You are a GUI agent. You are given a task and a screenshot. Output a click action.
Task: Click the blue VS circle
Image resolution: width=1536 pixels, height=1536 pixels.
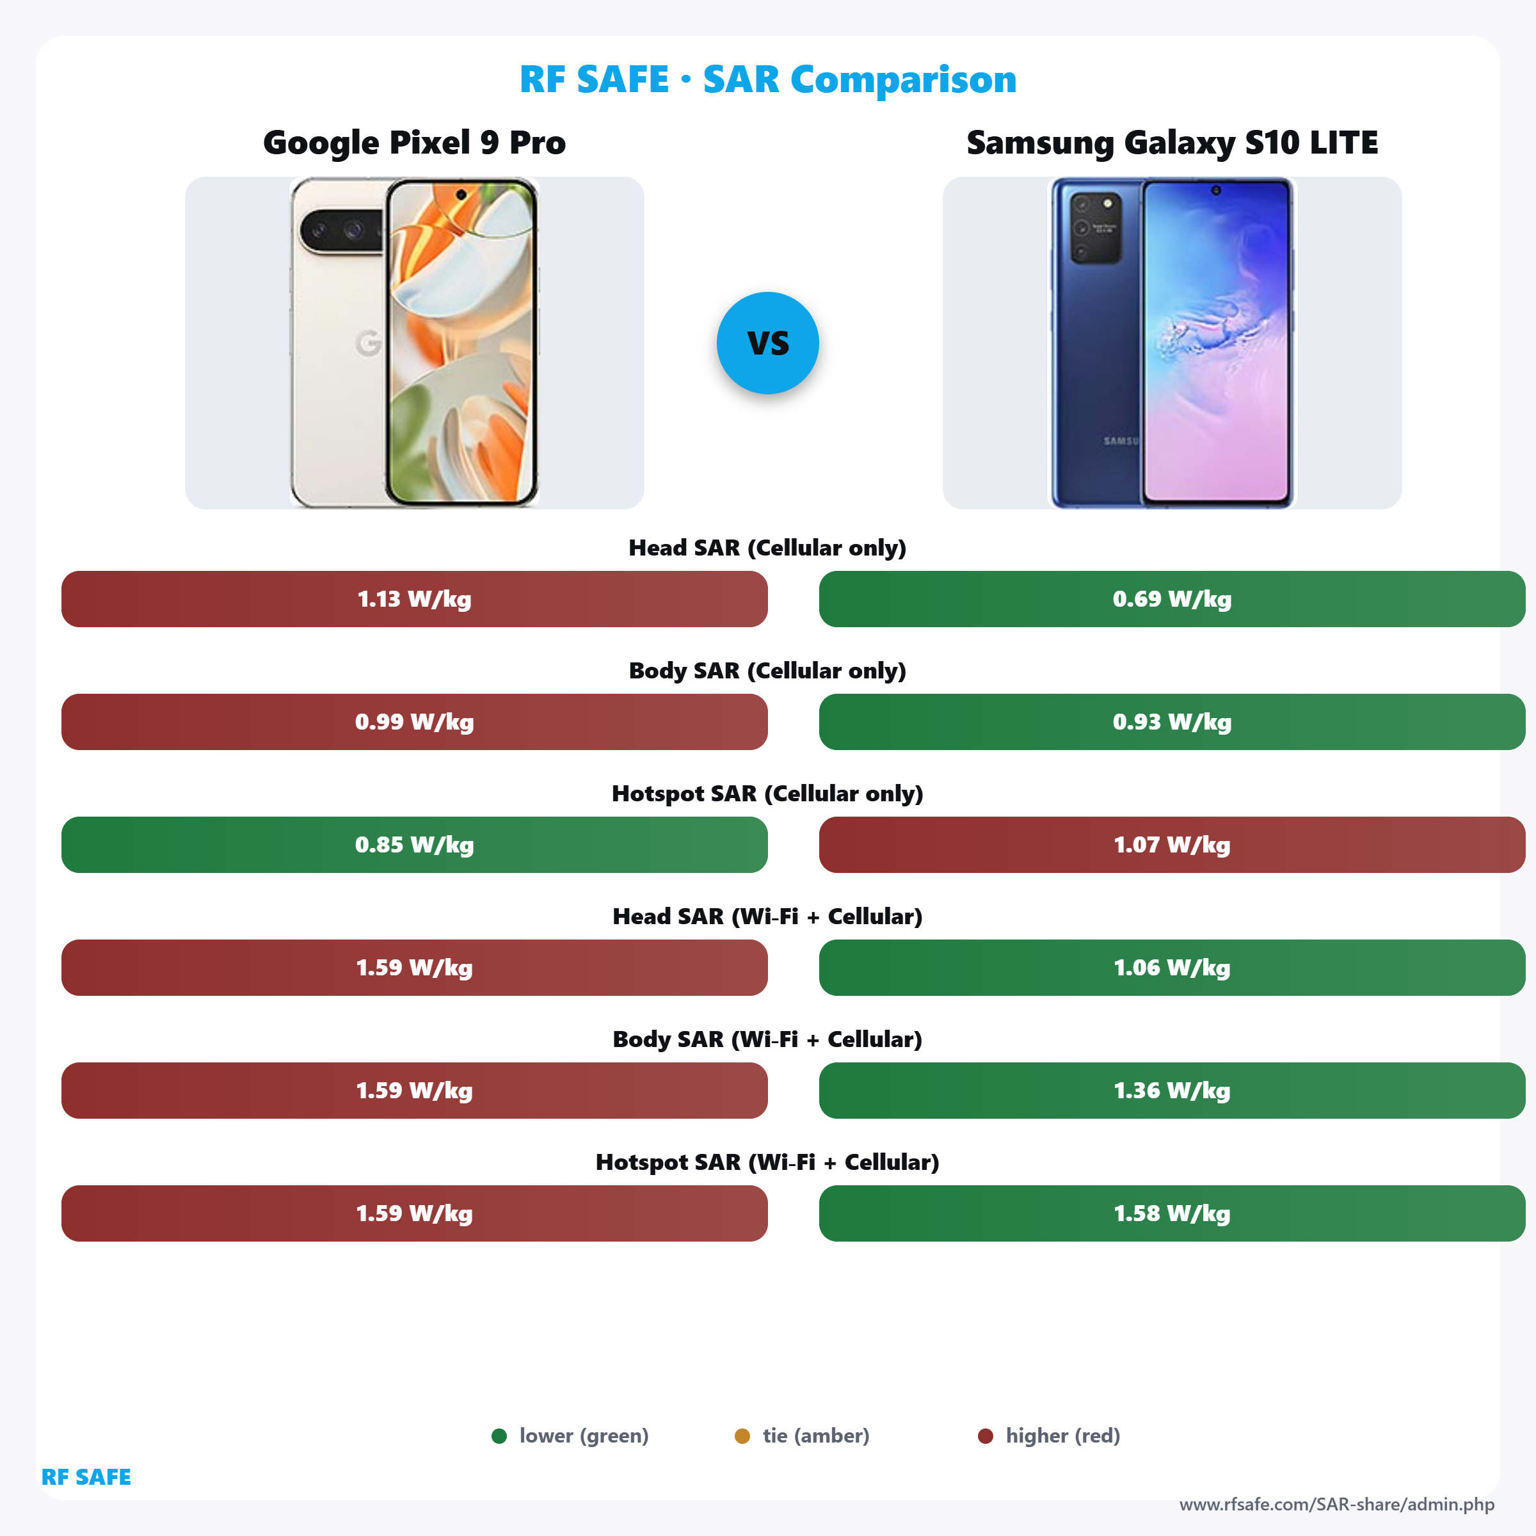pyautogui.click(x=767, y=342)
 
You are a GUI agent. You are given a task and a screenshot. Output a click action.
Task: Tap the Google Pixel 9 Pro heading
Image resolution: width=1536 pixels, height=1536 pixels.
pyautogui.click(x=414, y=142)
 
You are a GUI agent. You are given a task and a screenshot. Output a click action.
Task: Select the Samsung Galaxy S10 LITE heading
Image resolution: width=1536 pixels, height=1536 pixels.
pyautogui.click(x=1172, y=142)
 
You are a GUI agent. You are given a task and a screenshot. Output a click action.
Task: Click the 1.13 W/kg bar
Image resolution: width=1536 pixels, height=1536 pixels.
pyautogui.click(x=414, y=598)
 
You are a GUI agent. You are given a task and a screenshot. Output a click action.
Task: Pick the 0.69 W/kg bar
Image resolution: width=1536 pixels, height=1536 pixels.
pyautogui.click(x=1172, y=598)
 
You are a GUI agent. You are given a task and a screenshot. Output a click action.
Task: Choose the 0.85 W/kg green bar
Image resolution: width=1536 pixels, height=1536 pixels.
pyautogui.click(x=414, y=844)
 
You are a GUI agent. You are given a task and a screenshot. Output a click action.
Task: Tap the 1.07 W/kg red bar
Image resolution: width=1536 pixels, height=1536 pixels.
pyautogui.click(x=1172, y=844)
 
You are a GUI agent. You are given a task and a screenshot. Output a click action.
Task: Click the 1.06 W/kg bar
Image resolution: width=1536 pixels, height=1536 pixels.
pyautogui.click(x=1172, y=968)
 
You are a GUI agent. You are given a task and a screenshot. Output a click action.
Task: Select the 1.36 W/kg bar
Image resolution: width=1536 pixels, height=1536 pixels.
pyautogui.click(x=1172, y=1090)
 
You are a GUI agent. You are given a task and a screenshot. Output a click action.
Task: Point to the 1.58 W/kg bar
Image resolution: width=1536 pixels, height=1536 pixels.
pyautogui.click(x=1172, y=1213)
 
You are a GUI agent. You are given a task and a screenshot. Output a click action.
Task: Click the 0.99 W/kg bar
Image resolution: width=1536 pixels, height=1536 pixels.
pyautogui.click(x=414, y=722)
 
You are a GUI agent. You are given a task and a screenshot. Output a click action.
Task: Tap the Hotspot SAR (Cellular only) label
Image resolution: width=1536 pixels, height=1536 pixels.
pyautogui.click(x=767, y=794)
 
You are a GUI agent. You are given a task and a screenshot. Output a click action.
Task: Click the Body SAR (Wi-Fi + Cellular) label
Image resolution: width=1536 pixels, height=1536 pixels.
pyautogui.click(x=767, y=1039)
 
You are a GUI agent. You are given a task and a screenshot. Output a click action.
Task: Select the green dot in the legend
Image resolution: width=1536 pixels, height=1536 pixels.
pyautogui.click(x=499, y=1436)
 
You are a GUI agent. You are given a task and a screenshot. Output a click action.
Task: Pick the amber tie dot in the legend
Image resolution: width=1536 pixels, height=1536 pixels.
pyautogui.click(x=742, y=1436)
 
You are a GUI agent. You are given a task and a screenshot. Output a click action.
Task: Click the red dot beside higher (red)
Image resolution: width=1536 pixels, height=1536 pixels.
pyautogui.click(x=985, y=1436)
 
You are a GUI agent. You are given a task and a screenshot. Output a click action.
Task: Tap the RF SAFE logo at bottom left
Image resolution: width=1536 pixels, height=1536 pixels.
pyautogui.click(x=86, y=1476)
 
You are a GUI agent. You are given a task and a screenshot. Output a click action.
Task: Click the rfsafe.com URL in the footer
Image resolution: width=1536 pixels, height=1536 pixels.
pyautogui.click(x=1336, y=1504)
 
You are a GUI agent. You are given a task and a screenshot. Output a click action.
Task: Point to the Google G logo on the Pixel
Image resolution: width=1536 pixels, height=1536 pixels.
pyautogui.click(x=368, y=342)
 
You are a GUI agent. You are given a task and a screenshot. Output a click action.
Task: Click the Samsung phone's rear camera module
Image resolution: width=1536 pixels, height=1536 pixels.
pyautogui.click(x=1095, y=227)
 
